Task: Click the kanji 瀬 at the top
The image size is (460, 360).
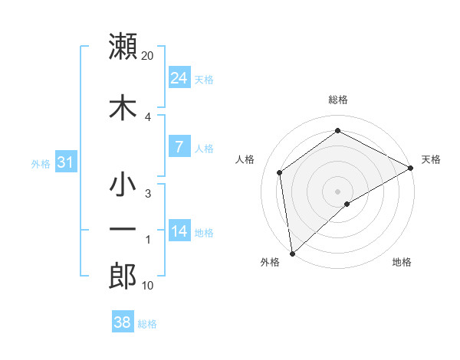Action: click(123, 46)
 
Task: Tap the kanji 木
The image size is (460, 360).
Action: click(123, 107)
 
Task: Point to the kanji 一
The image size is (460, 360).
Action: click(123, 230)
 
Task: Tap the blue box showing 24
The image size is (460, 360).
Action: click(179, 78)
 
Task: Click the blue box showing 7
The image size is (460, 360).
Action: click(179, 147)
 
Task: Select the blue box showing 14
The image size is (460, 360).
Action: click(179, 231)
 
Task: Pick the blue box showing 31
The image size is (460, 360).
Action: click(66, 162)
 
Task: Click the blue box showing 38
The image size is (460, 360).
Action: click(123, 322)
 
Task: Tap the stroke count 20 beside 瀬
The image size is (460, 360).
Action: click(148, 56)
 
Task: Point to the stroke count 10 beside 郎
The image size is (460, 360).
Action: click(148, 286)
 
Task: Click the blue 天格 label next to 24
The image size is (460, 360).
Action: click(204, 79)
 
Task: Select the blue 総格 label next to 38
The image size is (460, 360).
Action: click(147, 323)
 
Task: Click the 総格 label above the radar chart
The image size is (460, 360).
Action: click(338, 100)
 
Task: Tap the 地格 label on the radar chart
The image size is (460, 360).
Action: click(402, 262)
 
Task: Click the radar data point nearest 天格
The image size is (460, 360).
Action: click(412, 168)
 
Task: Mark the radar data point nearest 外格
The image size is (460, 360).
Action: click(292, 253)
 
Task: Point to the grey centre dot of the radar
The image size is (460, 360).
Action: click(338, 191)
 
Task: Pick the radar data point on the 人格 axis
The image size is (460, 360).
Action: click(280, 172)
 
